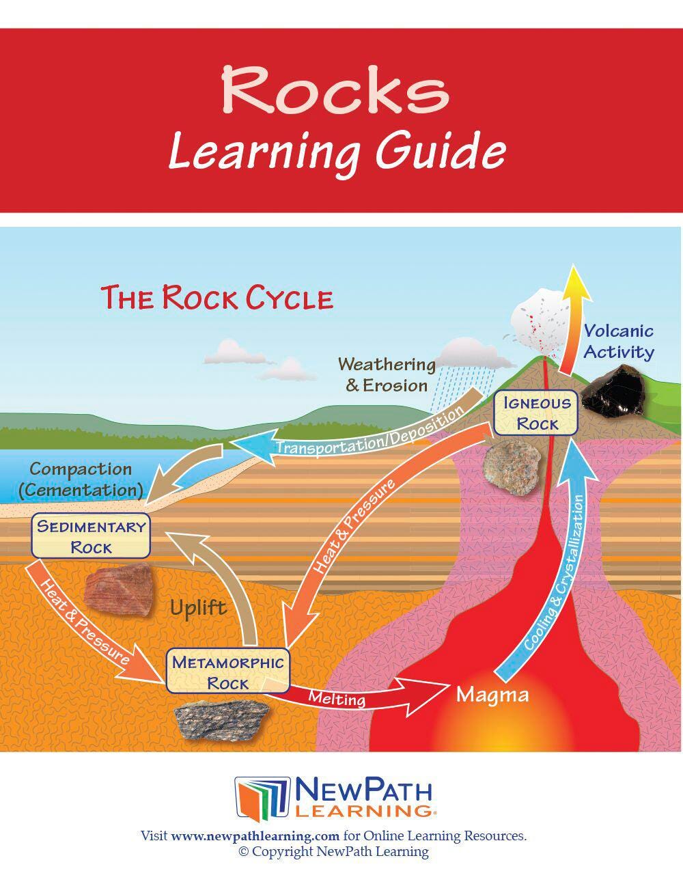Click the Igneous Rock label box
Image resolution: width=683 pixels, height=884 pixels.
(537, 413)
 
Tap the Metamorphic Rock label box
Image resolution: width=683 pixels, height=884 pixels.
(227, 672)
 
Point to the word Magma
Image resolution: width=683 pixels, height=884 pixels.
(492, 695)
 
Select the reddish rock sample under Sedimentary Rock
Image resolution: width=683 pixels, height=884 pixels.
(117, 590)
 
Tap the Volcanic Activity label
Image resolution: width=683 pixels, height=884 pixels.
(618, 342)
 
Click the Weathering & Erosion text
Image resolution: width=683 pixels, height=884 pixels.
(387, 374)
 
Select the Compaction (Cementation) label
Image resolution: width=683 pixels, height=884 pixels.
(81, 480)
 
